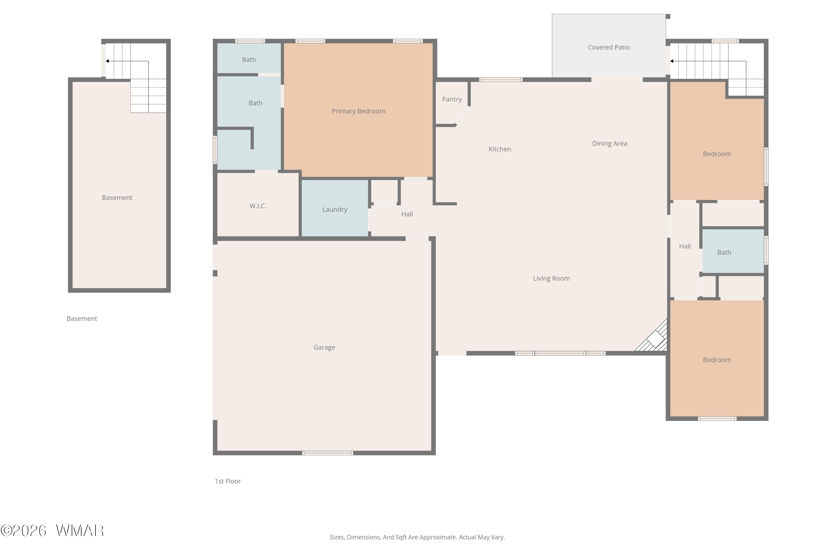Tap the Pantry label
[x=451, y=99]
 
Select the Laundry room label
[x=335, y=210]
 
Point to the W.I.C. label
[x=258, y=206]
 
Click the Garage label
[x=324, y=348]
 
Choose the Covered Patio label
[x=608, y=47]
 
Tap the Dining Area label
[x=609, y=144]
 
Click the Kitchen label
[x=500, y=149]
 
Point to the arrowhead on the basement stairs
[x=107, y=61]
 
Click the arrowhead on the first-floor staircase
[x=671, y=61]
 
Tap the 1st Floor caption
[x=228, y=481]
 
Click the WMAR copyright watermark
[x=52, y=531]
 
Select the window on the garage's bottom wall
[x=327, y=453]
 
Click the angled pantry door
[x=462, y=116]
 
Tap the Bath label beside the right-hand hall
[x=724, y=252]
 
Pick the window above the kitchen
[x=500, y=80]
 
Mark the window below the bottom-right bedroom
[x=717, y=419]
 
